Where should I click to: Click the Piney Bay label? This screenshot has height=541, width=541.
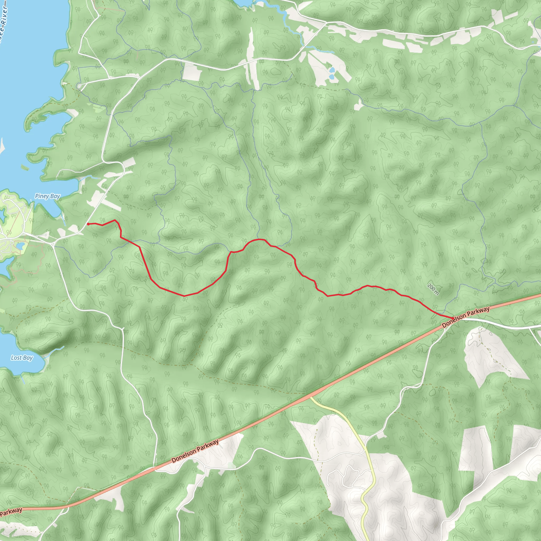click(47, 196)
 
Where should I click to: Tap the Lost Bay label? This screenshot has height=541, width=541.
click(22, 358)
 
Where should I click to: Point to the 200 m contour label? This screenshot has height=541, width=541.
click(433, 289)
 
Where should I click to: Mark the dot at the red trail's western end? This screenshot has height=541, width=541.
click(88, 224)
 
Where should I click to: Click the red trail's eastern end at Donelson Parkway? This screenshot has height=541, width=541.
click(453, 318)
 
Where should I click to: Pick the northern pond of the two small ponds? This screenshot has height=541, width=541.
click(332, 70)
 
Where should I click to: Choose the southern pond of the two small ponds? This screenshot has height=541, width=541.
click(332, 76)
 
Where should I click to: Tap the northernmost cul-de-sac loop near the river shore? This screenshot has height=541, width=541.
click(80, 86)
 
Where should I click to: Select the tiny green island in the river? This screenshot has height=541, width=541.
click(25, 167)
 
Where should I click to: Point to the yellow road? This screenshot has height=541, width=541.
click(370, 462)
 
